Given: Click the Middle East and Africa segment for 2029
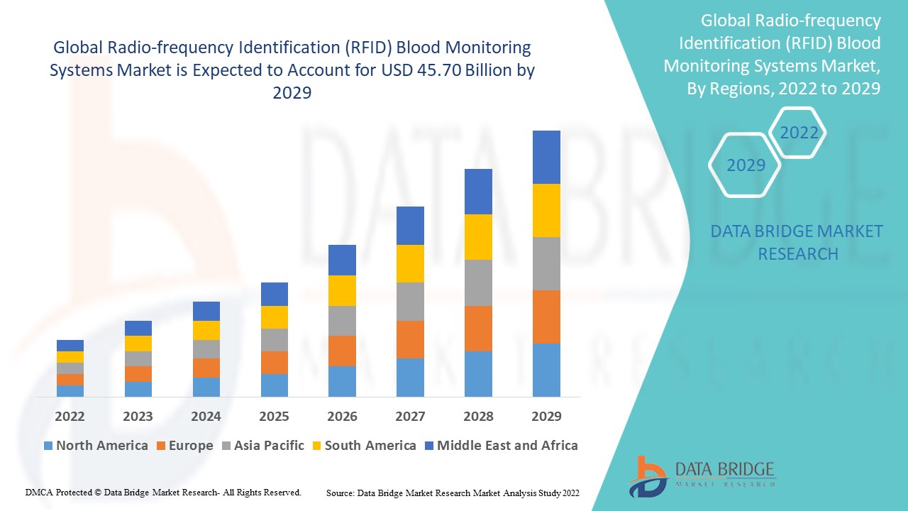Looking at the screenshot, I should tap(546, 157).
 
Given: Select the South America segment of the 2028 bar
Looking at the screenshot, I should tap(478, 237).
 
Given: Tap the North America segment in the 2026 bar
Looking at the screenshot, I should tap(342, 381).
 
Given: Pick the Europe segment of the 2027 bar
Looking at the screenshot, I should tap(410, 339).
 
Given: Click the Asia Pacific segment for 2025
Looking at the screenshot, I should tap(274, 340).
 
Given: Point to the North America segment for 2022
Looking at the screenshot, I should tap(70, 391).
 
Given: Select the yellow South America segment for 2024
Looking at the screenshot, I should tap(206, 330).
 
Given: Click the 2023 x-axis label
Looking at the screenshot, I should tap(138, 416).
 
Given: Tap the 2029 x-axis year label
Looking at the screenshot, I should tap(546, 416).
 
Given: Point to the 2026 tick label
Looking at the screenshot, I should tap(342, 416).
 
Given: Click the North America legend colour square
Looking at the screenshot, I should tap(48, 446).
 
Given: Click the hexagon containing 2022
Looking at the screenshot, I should tap(799, 133).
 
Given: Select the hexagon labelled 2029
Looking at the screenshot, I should tap(746, 165).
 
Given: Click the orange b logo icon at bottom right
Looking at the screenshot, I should tap(646, 476).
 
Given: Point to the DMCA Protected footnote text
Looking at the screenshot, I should tap(163, 492).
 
